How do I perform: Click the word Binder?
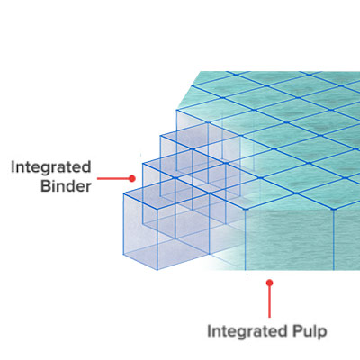click(66, 186)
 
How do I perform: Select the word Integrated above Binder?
click(51, 167)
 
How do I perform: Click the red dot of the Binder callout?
click(132, 179)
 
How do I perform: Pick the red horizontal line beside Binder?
click(113, 179)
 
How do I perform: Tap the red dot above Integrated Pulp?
click(269, 283)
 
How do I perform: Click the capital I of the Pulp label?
click(210, 331)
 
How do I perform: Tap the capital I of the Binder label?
click(13, 167)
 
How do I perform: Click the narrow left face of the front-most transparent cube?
click(140, 231)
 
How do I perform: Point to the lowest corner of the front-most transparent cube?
click(157, 270)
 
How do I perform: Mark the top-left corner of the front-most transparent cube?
click(124, 194)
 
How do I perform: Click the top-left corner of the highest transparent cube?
click(176, 111)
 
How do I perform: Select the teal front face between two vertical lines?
click(290, 239)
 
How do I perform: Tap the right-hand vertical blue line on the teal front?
click(334, 239)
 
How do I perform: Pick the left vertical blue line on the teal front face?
click(246, 239)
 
